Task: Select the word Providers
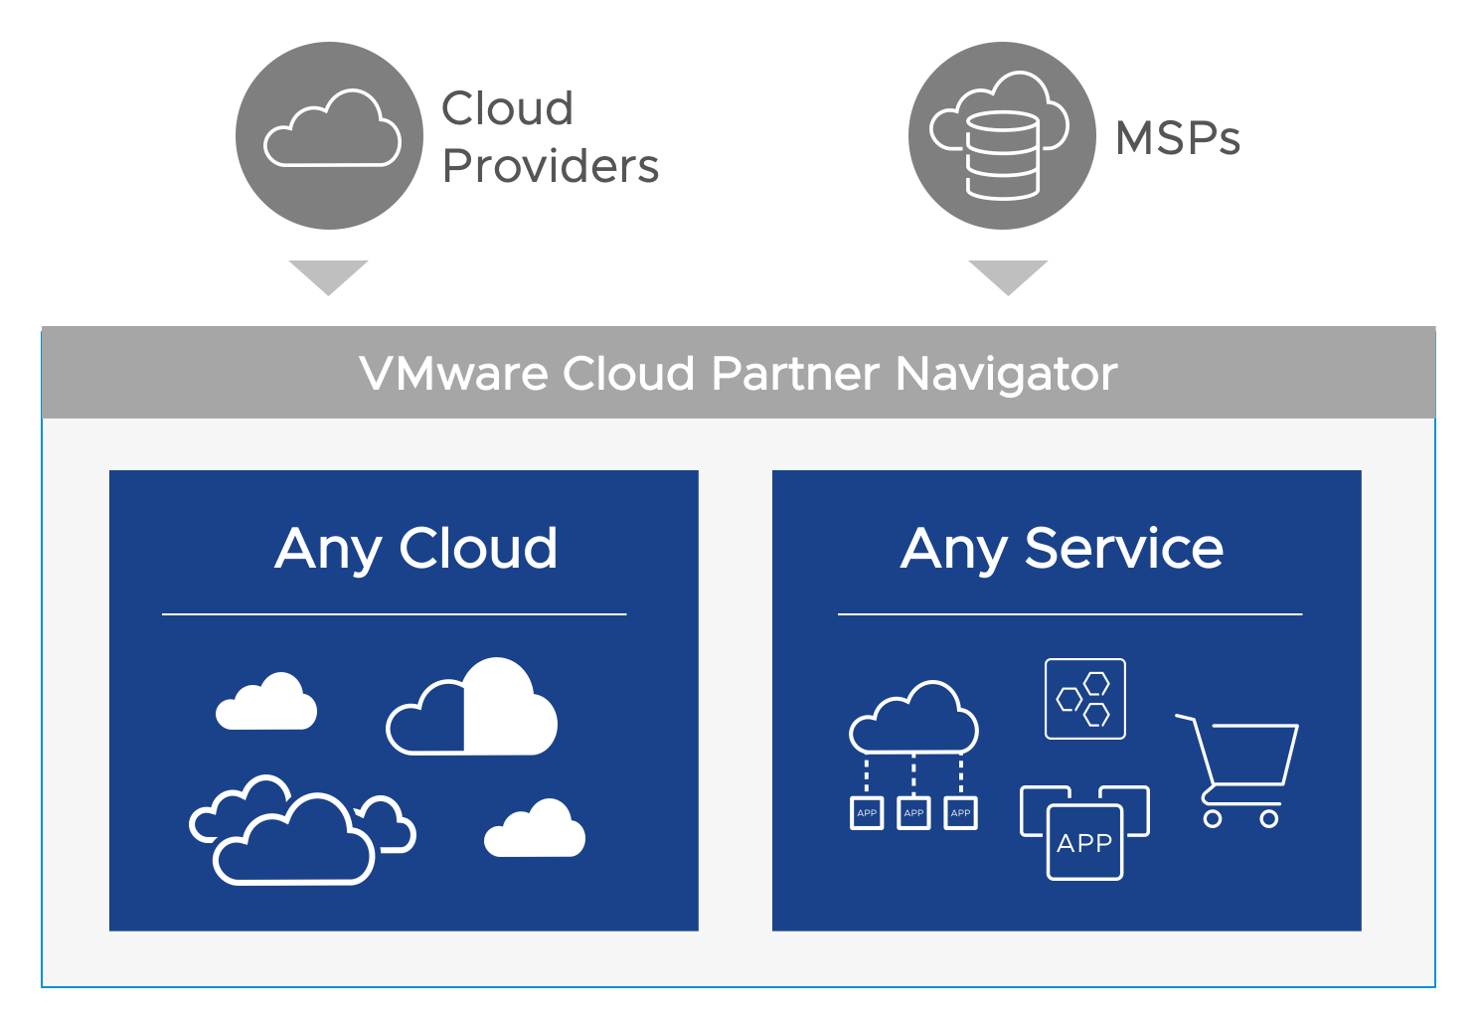point(550,166)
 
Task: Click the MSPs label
point(1178,138)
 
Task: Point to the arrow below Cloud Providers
point(328,275)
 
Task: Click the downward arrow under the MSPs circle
point(1008,275)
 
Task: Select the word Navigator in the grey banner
point(1006,374)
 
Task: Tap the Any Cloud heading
point(415,548)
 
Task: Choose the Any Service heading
point(1062,548)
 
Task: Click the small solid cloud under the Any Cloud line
point(266,704)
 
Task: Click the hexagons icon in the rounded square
point(1084,699)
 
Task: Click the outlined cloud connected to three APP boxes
point(913,719)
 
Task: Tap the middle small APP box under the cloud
point(913,813)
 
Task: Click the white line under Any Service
point(1069,614)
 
